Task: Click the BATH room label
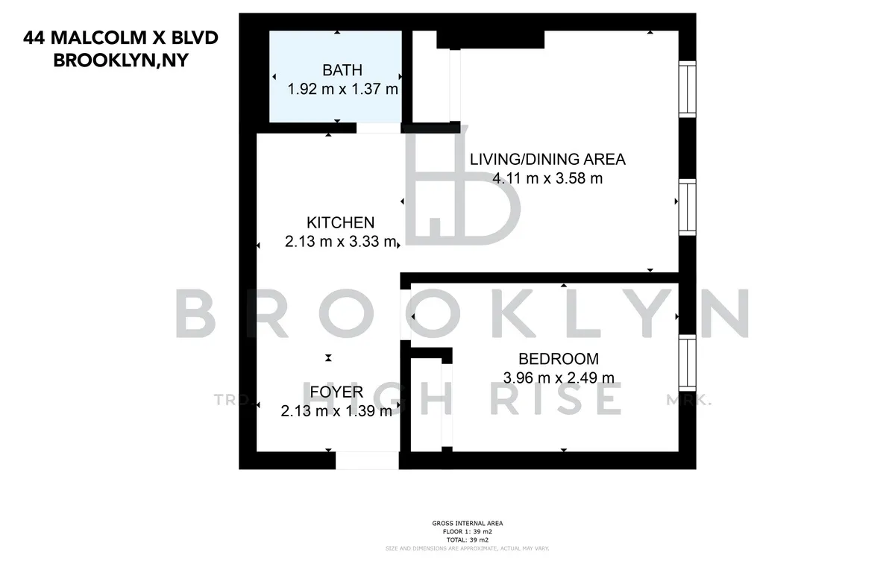click(342, 71)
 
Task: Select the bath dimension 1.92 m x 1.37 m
click(342, 90)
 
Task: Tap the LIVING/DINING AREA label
click(547, 159)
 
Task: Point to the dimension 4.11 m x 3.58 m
click(547, 178)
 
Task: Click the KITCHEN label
click(340, 222)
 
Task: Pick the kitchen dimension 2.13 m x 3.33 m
click(340, 242)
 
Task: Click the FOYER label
click(336, 392)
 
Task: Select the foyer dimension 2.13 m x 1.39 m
click(336, 411)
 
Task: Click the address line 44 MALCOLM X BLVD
click(121, 38)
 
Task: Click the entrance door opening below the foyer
click(367, 460)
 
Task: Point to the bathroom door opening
click(378, 128)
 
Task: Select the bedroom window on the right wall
click(687, 361)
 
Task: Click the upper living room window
click(687, 89)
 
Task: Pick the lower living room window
click(687, 207)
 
